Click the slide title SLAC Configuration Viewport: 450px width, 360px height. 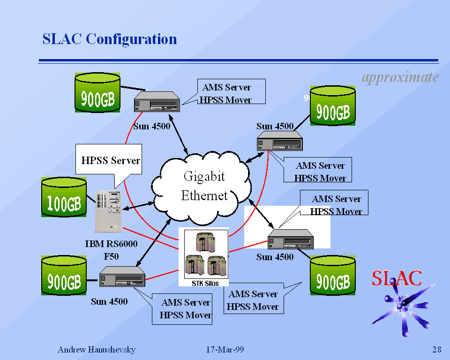click(110, 39)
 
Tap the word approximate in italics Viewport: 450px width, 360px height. click(400, 77)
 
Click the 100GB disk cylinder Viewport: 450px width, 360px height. click(64, 197)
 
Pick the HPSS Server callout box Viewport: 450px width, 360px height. click(110, 161)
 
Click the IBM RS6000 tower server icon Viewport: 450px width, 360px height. click(108, 211)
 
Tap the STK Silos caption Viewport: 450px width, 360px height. click(205, 283)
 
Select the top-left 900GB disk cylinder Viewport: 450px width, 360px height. click(97, 93)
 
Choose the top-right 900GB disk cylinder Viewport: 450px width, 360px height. click(333, 106)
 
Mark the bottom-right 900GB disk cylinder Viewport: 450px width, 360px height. click(333, 276)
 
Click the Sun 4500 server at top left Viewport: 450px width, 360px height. click(157, 102)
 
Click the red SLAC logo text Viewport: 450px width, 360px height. click(397, 278)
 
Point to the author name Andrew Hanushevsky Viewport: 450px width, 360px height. click(96, 350)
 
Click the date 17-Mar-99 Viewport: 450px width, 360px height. click(225, 350)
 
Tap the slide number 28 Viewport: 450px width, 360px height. click(436, 350)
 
